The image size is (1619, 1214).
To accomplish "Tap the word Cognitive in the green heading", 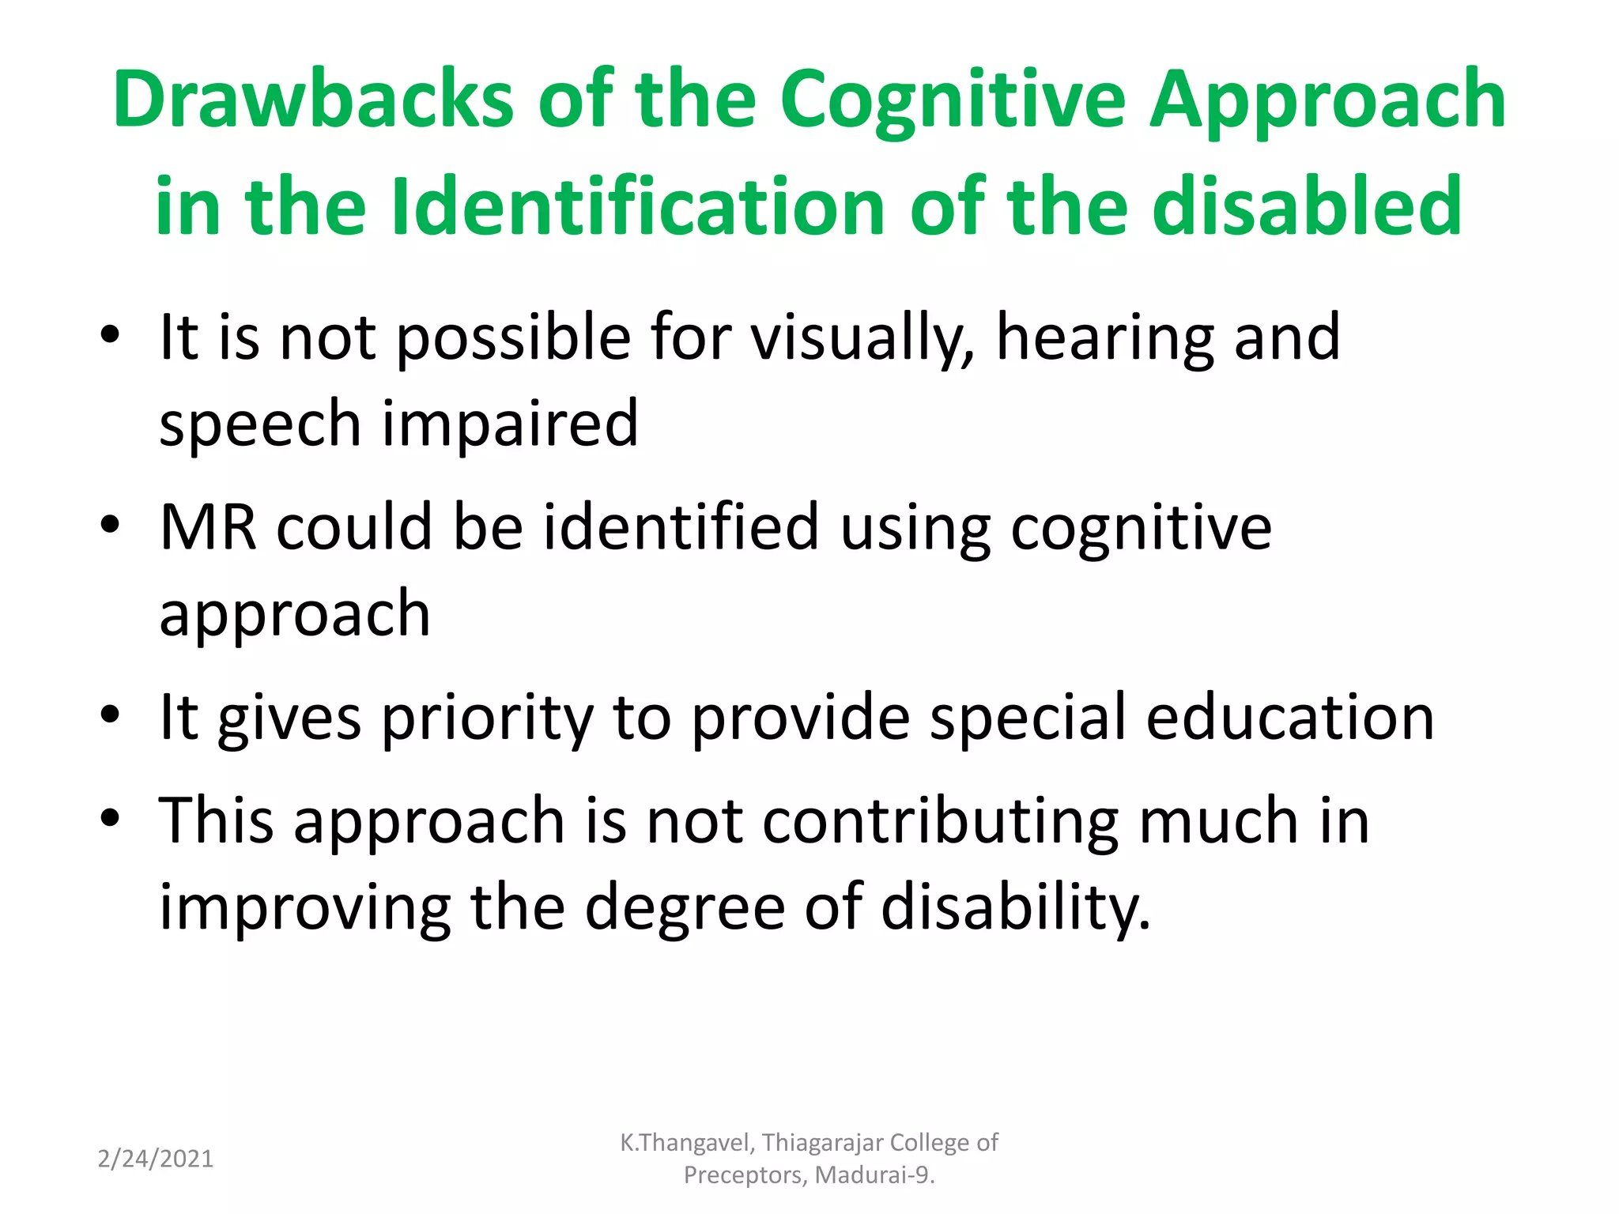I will tap(953, 100).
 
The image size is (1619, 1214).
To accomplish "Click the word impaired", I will tap(510, 424).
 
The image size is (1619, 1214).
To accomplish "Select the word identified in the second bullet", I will tap(681, 527).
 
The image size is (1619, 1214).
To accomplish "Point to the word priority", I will tap(487, 718).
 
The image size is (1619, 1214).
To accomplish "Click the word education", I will tap(1289, 717).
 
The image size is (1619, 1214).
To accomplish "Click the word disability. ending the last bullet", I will tap(1015, 907).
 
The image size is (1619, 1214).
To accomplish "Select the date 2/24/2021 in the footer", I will tap(156, 1159).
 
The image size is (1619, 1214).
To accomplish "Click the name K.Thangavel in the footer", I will tap(687, 1143).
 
